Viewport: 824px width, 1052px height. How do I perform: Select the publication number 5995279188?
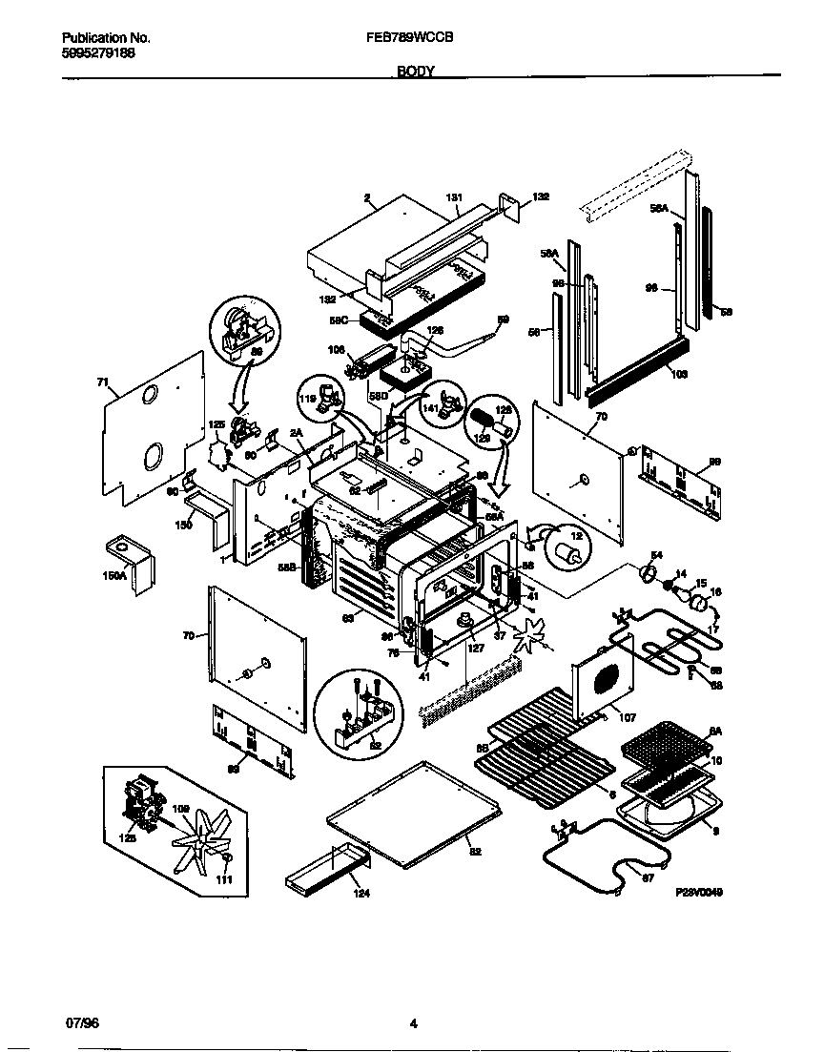(x=94, y=53)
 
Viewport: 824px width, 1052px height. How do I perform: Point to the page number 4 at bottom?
(x=413, y=1024)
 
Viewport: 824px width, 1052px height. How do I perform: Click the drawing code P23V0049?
(x=700, y=893)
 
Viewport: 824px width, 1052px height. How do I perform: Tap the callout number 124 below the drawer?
(x=360, y=894)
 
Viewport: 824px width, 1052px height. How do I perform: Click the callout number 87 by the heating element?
(x=648, y=877)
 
